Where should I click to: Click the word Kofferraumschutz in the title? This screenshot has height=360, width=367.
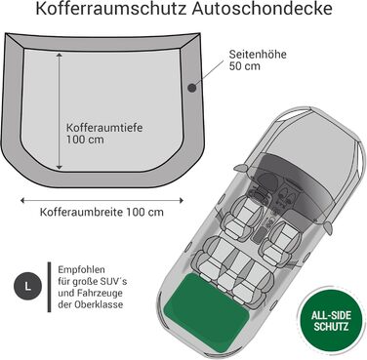111,9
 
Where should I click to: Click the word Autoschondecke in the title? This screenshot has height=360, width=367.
262,9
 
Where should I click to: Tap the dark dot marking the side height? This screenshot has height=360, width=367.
192,87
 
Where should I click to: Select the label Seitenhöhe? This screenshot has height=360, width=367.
258,54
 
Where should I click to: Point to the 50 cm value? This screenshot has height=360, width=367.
245,66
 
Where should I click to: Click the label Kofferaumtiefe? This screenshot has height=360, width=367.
104,128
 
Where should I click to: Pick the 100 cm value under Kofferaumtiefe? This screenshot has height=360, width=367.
85,140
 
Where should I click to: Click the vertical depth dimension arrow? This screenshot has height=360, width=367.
60,111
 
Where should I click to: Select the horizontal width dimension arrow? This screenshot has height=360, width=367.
102,200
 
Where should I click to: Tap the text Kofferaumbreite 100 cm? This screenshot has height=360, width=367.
102,213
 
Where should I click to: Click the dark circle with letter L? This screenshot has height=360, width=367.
27,287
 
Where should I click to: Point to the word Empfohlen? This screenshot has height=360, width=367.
82,270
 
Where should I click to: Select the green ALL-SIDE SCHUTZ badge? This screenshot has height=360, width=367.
331,320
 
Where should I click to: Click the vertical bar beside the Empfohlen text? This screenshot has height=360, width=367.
49,287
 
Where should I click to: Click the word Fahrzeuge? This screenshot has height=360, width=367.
101,294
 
